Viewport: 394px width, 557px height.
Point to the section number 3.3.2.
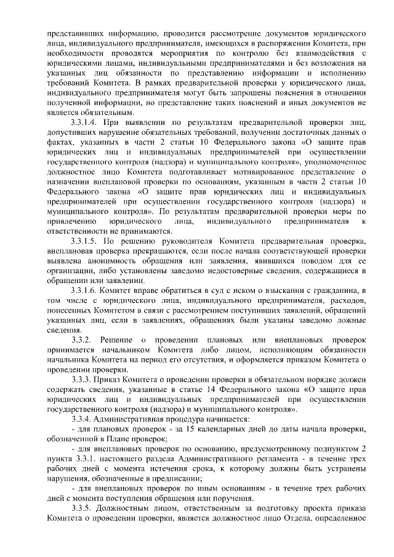tap(81, 340)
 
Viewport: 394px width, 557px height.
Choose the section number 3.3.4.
tap(81, 419)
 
